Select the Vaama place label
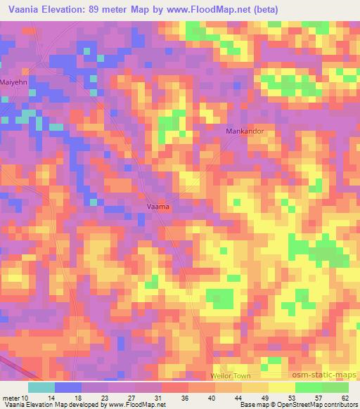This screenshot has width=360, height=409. click(x=158, y=207)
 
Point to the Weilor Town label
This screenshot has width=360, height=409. click(x=231, y=376)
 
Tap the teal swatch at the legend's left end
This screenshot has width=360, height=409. click(x=41, y=387)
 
